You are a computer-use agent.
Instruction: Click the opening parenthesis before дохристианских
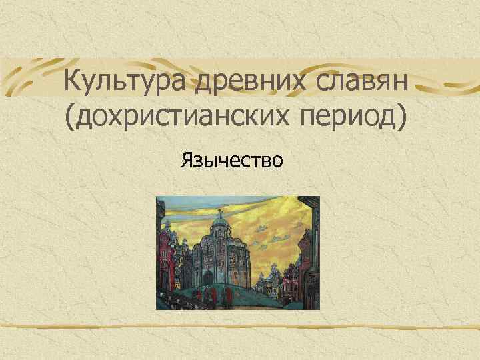pos(71,120)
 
